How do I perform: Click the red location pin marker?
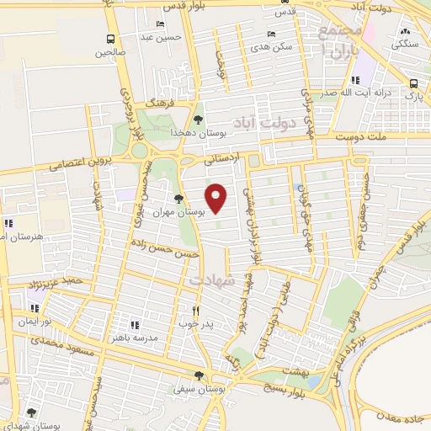pos(217,198)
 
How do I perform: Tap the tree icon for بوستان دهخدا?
pos(198,120)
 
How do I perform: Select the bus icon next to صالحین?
pos(110,39)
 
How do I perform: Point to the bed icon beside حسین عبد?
pos(161,24)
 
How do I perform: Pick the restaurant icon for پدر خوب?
pos(195,309)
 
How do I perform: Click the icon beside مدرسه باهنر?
pos(133,324)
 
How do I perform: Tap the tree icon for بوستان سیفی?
pos(198,376)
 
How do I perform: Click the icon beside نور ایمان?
pos(35,309)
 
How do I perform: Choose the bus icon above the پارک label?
pos(413,83)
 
